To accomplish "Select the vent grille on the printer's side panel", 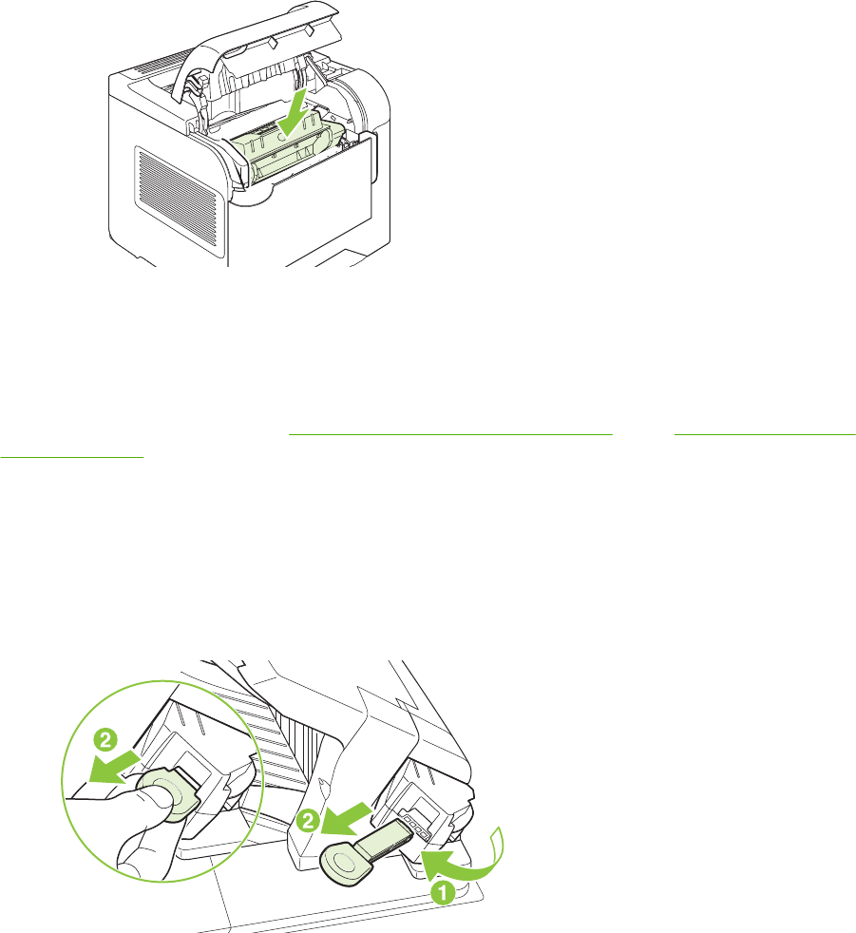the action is pos(179,198).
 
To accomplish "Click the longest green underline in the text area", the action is pos(450,435).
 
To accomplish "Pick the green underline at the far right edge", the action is pos(766,435).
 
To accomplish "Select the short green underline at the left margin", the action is pos(72,457).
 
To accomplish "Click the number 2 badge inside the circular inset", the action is pos(105,741).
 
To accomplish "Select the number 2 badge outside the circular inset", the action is pos(308,821).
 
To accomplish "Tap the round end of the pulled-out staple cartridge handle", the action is pos(340,862).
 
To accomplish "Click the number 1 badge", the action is pos(442,892).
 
